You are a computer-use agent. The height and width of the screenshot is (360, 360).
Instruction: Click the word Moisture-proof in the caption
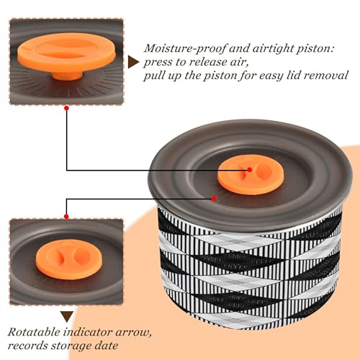pos(185,49)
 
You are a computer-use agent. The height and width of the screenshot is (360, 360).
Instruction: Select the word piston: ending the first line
pos(315,49)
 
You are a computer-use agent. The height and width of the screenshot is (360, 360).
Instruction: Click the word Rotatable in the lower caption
pos(34,333)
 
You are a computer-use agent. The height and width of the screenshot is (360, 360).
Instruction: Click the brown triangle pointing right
pos(132,62)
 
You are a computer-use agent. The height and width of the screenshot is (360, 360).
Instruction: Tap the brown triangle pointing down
pos(67,317)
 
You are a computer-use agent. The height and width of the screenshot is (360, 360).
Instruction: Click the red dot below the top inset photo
pos(67,108)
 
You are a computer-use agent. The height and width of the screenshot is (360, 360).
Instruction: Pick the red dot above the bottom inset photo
pos(66,217)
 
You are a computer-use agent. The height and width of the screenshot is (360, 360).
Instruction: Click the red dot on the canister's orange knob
pos(250,170)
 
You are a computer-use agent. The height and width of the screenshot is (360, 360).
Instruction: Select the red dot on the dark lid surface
pos(214,199)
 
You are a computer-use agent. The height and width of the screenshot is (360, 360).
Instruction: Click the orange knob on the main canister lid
pos(251,175)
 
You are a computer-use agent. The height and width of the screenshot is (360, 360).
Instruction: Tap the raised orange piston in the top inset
pos(66,52)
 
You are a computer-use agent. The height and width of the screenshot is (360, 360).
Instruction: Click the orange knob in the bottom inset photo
pos(69,259)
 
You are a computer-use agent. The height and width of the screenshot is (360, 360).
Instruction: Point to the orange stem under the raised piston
pos(67,75)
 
